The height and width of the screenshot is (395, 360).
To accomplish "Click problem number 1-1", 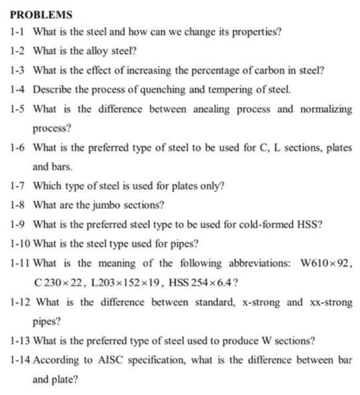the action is (x=18, y=31).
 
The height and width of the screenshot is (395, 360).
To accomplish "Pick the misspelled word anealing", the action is (x=205, y=108).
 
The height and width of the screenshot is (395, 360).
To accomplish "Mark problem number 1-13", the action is (x=21, y=341).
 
